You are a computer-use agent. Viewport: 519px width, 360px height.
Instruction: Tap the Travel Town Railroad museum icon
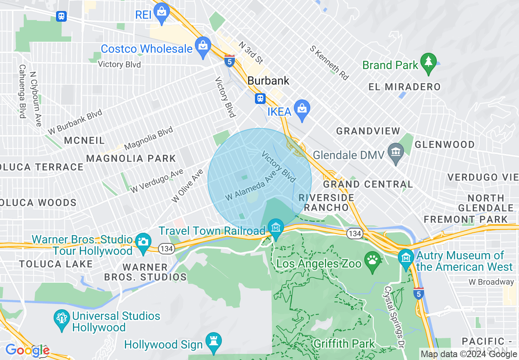point(276,227)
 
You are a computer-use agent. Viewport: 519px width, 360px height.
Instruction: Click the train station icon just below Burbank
point(260,99)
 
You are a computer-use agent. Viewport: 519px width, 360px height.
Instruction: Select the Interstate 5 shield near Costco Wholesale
point(230,61)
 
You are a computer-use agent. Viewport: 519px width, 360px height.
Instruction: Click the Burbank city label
point(269,81)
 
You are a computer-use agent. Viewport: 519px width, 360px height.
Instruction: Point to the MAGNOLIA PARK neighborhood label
point(131,158)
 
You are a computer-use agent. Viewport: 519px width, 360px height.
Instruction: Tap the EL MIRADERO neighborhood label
point(404,87)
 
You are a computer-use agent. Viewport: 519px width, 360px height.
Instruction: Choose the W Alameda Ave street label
point(251,187)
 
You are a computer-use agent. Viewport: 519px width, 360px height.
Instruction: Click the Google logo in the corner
point(27,350)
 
